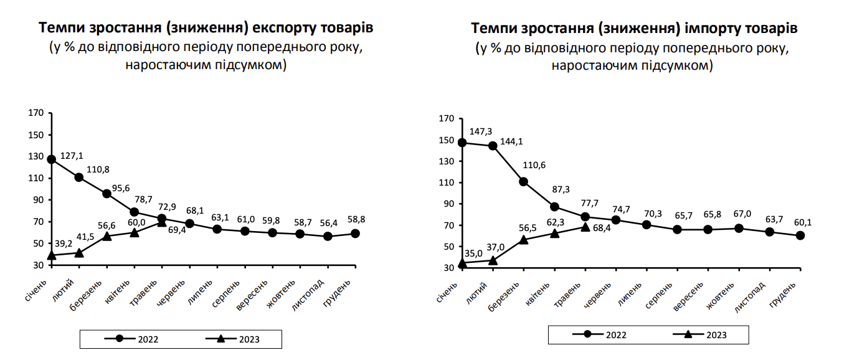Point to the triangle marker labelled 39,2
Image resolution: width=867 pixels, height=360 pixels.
[x=52, y=255]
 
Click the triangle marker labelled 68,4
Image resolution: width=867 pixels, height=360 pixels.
[x=585, y=227]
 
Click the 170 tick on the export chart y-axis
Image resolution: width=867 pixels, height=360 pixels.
[x=36, y=113]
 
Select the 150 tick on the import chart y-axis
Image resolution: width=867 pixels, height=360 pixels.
[x=446, y=140]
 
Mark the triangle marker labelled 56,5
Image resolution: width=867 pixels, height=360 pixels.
[x=523, y=239]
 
